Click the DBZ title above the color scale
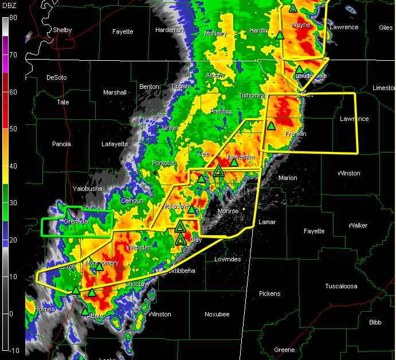pyautogui.click(x=10, y=7)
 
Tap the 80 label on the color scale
pyautogui.click(x=12, y=18)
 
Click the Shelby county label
pyautogui.click(x=62, y=30)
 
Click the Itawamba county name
pyautogui.click(x=241, y=156)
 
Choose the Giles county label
pyautogui.click(x=386, y=27)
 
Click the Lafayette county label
pyautogui.click(x=115, y=144)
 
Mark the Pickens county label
pyautogui.click(x=269, y=294)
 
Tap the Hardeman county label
pyautogui.click(x=169, y=30)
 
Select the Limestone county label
pyautogui.click(x=384, y=88)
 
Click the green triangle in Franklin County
pyautogui.click(x=271, y=126)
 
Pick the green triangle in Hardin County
pyautogui.click(x=280, y=35)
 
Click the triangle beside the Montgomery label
pyautogui.click(x=99, y=267)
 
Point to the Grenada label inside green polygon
pyautogui.click(x=76, y=221)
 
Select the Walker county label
pyautogui.click(x=358, y=225)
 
